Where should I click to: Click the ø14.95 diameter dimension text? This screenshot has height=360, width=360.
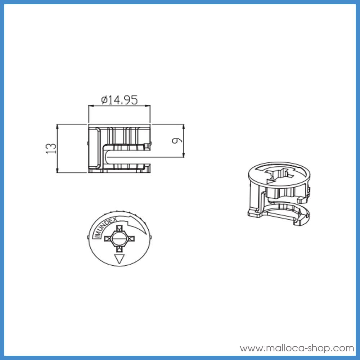pos(120,100)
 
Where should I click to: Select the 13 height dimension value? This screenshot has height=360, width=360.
pos(52,148)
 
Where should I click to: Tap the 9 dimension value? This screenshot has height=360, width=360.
pos(176,141)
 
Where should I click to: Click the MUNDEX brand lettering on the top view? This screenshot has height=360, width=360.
pos(104,226)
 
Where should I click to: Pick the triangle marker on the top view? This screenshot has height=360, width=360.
pos(119,259)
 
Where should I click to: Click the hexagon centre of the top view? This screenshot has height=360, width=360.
pos(119,238)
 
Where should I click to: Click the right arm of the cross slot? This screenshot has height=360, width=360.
pos(130,238)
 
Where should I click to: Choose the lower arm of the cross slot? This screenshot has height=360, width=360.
pos(119,249)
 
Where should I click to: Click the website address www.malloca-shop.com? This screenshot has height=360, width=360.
pos(297,348)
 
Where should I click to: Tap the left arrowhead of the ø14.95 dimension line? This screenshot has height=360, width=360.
pos(90,106)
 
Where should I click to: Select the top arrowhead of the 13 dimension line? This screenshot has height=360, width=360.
pos(58,126)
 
